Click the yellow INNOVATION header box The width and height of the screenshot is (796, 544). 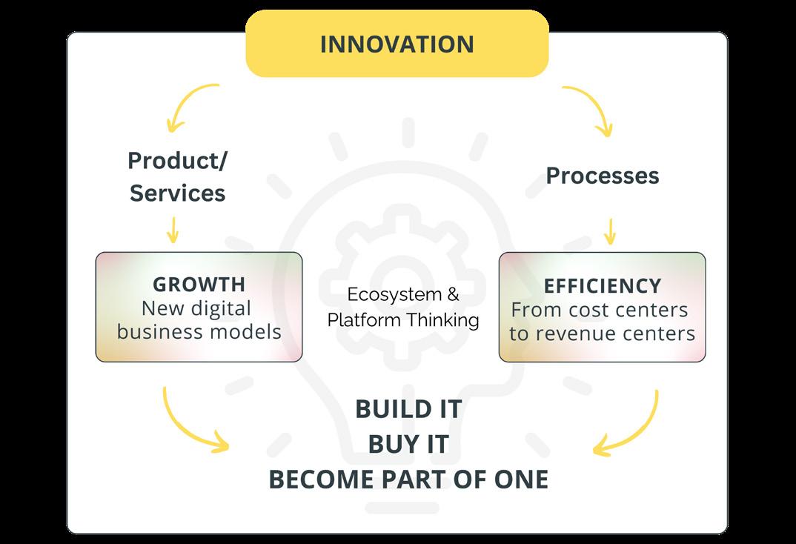point(397,44)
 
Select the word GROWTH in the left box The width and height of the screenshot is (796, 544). point(198,285)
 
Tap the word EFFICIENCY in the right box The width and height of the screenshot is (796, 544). point(602,286)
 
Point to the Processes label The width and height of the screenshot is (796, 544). point(602,176)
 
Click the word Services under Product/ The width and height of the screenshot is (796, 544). point(177,193)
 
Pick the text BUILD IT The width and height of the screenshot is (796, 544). point(408,408)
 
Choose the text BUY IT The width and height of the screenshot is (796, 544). point(408,444)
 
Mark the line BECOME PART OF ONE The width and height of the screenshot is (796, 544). point(408,480)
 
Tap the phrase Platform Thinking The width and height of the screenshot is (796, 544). point(403,320)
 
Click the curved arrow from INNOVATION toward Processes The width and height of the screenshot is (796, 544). point(591,107)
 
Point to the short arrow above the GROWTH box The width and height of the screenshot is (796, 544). point(172,230)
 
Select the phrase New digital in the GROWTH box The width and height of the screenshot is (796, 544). point(196,308)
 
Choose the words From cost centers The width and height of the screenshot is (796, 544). point(600,310)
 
